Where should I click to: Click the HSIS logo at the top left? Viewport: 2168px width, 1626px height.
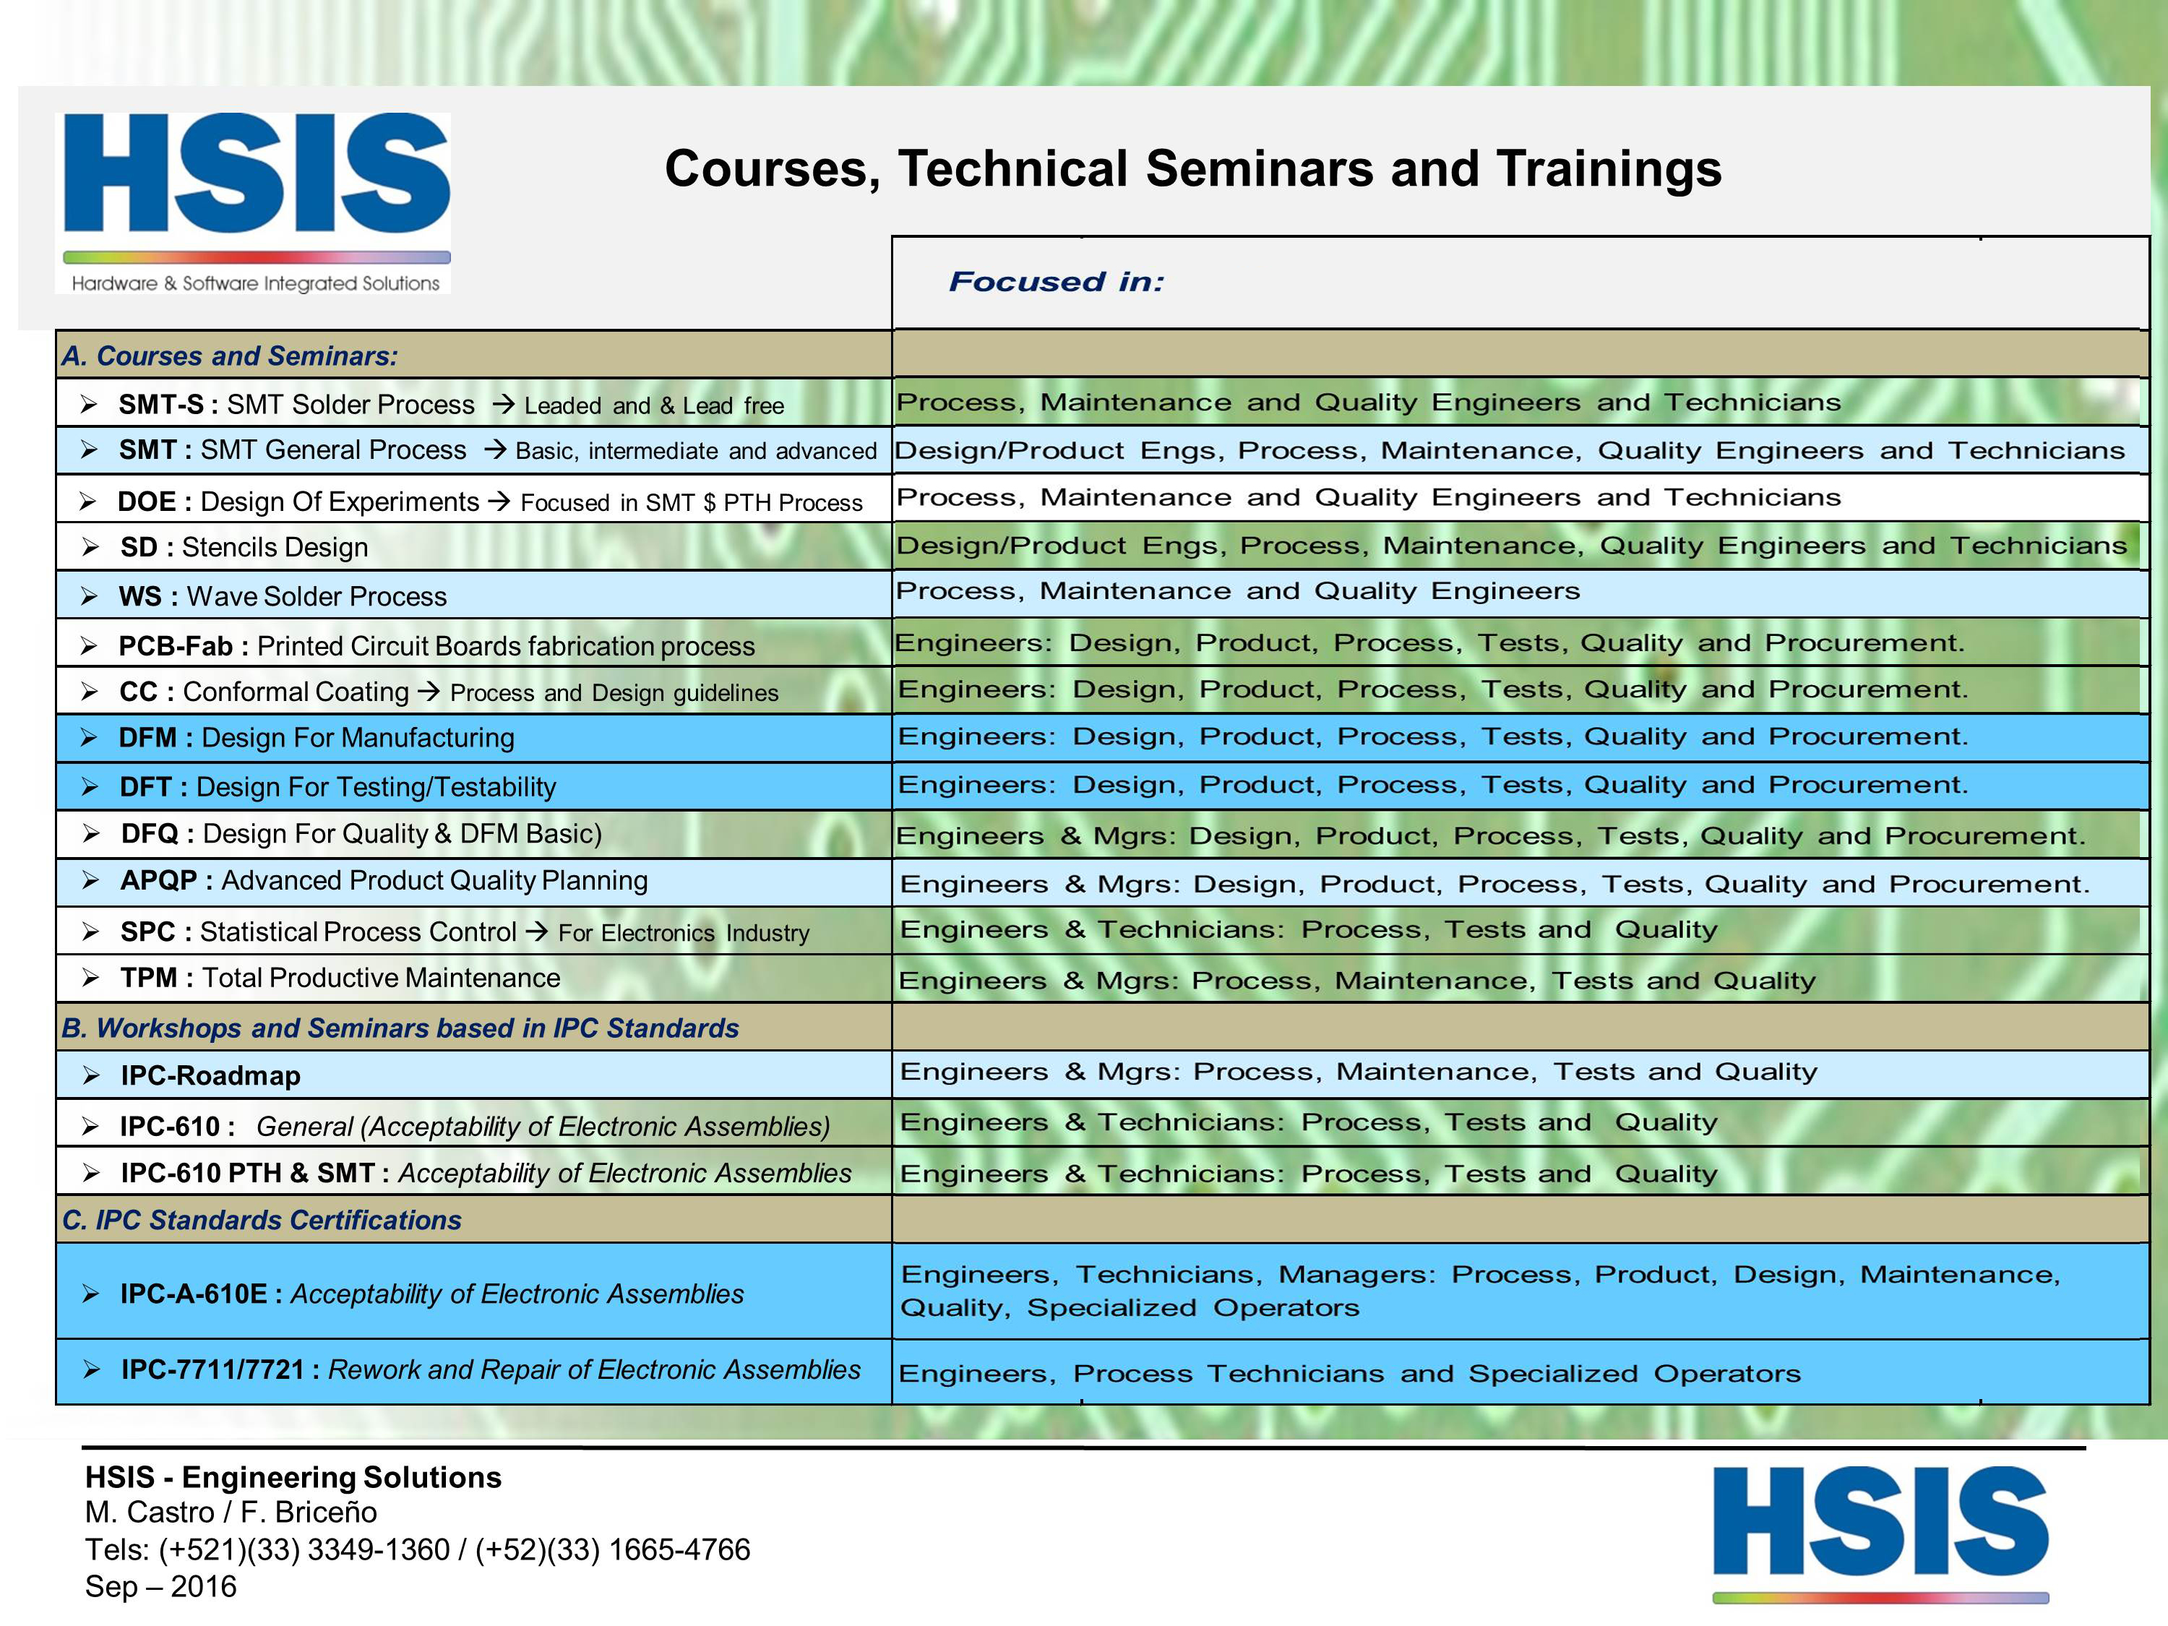point(256,201)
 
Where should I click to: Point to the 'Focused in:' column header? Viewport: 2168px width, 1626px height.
point(1056,283)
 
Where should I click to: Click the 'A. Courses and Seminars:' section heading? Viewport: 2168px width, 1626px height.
point(229,356)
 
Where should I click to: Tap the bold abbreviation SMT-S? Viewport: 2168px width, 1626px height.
point(160,405)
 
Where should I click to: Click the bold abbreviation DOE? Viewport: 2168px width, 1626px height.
point(146,502)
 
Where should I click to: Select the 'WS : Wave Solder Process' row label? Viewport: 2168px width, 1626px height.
point(283,596)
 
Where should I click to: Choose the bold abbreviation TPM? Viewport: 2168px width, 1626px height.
point(149,978)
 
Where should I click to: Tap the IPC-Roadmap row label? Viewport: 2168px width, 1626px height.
point(210,1076)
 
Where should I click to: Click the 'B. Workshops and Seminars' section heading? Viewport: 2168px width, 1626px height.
point(400,1028)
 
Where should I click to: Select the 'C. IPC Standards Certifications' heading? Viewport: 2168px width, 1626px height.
point(261,1221)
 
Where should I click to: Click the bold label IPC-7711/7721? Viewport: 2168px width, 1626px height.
point(212,1369)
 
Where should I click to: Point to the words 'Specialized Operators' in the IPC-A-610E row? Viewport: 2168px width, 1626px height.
point(1193,1309)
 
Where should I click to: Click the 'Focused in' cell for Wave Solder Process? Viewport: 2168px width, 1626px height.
point(1238,591)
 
